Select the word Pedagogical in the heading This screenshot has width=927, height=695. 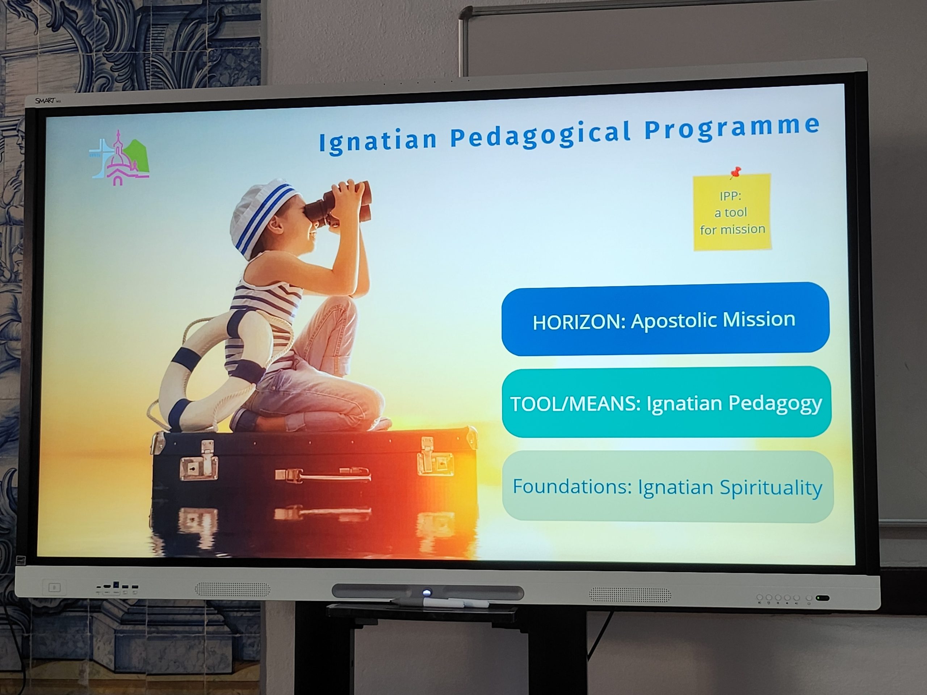pyautogui.click(x=541, y=135)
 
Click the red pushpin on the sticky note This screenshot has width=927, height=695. pyautogui.click(x=735, y=173)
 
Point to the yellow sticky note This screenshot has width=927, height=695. pyautogui.click(x=732, y=212)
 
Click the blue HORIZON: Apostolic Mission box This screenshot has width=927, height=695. pyautogui.click(x=665, y=319)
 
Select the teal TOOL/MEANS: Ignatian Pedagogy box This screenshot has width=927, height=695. pyautogui.click(x=666, y=403)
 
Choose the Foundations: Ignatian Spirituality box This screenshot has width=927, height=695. pyautogui.click(x=668, y=487)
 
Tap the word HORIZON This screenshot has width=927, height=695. pyautogui.click(x=579, y=322)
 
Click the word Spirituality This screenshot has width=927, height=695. pyautogui.click(x=771, y=488)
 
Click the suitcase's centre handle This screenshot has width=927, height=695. pyautogui.click(x=323, y=476)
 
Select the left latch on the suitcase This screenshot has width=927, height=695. pyautogui.click(x=199, y=460)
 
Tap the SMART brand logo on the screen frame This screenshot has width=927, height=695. pyautogui.click(x=46, y=101)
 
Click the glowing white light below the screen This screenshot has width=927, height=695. pyautogui.click(x=427, y=592)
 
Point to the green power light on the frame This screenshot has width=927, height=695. pyautogui.click(x=822, y=598)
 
